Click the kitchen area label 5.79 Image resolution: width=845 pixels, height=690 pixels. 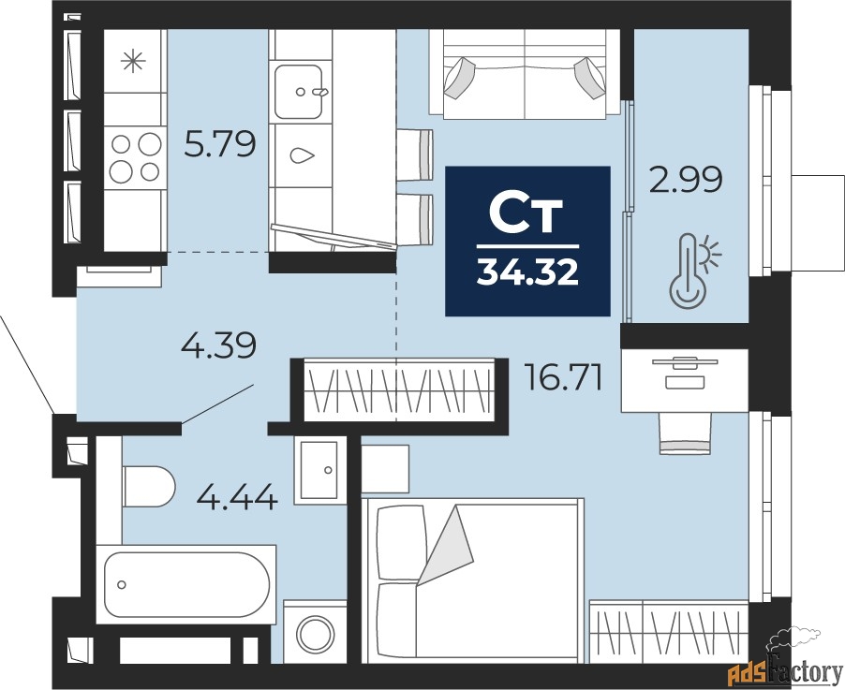click(219, 144)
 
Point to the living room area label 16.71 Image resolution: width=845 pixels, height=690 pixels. click(564, 377)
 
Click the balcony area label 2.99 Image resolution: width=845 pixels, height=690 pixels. click(686, 180)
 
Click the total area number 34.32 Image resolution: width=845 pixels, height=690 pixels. click(527, 272)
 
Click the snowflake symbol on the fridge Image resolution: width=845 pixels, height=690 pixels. click(133, 62)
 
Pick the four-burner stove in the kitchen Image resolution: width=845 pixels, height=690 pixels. click(135, 156)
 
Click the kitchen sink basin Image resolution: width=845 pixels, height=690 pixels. click(299, 92)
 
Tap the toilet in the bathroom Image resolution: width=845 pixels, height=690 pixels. click(149, 487)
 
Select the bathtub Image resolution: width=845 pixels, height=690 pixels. click(186, 584)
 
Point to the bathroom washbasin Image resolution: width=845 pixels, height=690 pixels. click(320, 470)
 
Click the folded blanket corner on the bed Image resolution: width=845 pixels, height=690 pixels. click(446, 545)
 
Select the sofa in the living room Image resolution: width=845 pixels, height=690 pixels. click(525, 73)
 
